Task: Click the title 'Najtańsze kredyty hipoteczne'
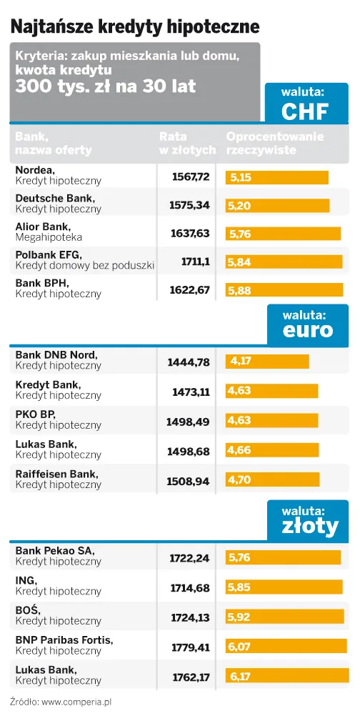134,26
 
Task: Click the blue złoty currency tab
309,519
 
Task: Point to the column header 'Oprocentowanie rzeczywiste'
275,144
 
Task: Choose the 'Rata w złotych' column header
187,144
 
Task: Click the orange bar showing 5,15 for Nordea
277,177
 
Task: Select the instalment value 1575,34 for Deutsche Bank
189,205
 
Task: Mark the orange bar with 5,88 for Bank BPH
284,290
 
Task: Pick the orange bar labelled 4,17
268,362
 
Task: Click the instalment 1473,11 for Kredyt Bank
191,392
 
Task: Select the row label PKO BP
35,414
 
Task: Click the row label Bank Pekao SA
54,551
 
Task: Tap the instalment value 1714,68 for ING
190,587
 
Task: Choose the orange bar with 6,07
286,647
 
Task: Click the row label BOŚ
28,610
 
